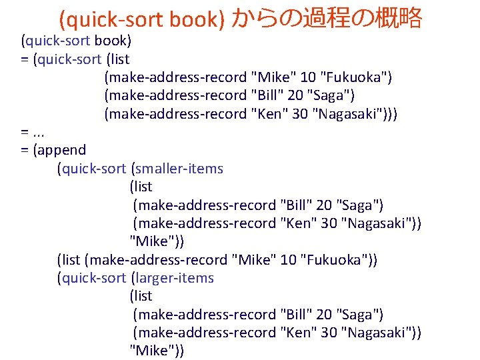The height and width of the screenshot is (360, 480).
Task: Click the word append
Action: tap(63, 150)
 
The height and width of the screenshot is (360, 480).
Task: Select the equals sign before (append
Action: tap(25, 150)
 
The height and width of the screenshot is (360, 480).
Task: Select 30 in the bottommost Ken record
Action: tap(329, 332)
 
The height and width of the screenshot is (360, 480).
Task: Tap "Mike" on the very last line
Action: tap(150, 350)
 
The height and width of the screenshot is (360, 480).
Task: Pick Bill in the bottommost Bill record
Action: tap(297, 314)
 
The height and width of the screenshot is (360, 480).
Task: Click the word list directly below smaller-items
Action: tap(141, 187)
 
